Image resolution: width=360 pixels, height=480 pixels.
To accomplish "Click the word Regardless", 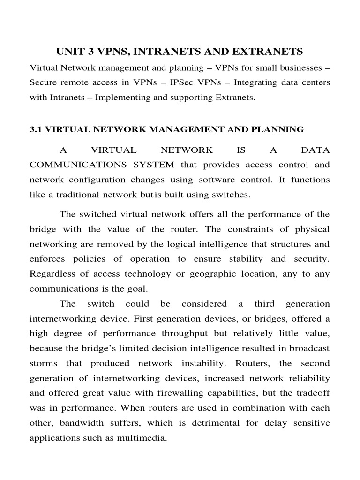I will coord(52,274).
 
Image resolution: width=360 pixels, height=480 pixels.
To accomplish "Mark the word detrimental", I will coord(215,423).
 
